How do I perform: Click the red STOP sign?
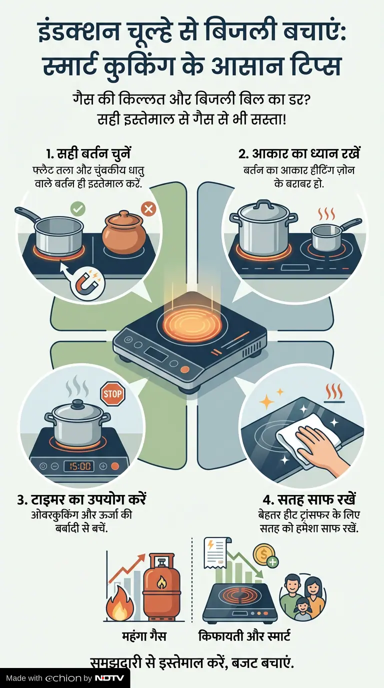tap(112, 393)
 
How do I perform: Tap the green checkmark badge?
tap(77, 209)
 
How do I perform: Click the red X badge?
tap(148, 209)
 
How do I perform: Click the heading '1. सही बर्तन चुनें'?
tap(88, 154)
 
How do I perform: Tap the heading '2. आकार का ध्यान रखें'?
tap(299, 154)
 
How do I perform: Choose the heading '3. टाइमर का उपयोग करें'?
tap(81, 499)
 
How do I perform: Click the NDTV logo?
tap(109, 678)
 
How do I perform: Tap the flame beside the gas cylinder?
tap(120, 603)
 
